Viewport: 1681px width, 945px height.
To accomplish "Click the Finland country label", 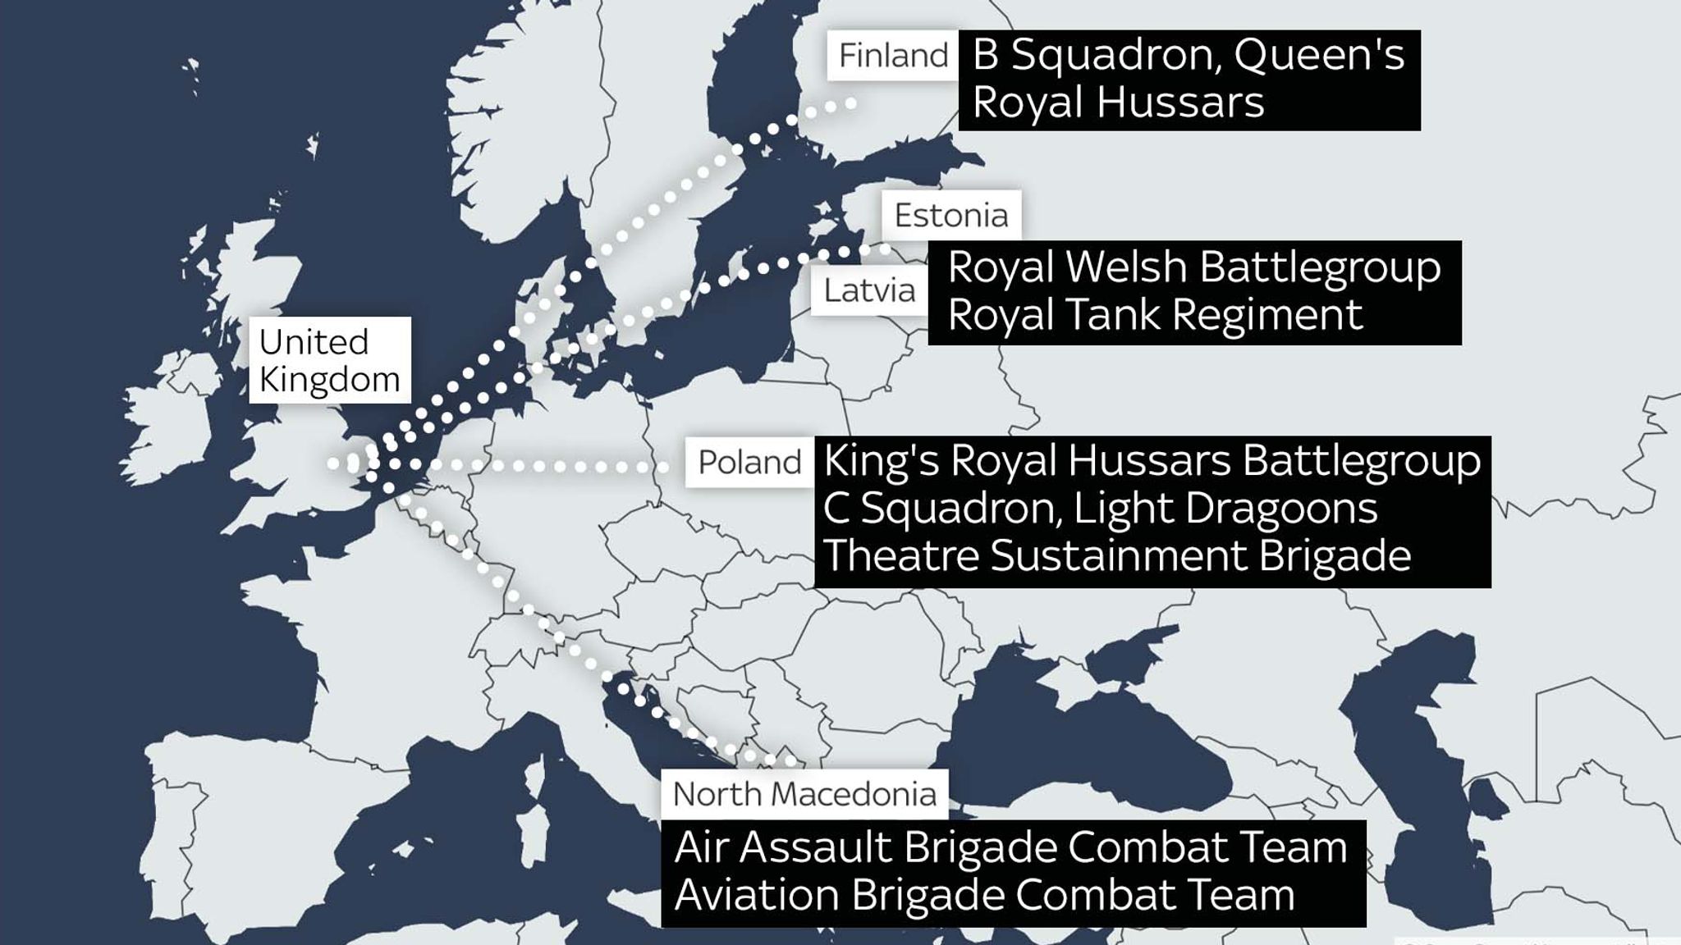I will [893, 56].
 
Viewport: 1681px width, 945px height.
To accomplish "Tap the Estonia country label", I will [951, 215].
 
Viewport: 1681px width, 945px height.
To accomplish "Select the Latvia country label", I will [869, 290].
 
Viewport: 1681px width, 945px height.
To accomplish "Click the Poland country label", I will [749, 463].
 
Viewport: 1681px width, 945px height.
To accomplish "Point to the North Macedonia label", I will [804, 794].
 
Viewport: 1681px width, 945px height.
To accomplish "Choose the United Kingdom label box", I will [330, 360].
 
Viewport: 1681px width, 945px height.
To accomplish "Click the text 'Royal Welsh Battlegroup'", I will [1194, 267].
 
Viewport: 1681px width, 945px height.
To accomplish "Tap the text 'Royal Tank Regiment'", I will [1155, 315].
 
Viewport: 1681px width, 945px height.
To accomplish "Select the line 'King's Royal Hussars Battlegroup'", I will [1152, 460].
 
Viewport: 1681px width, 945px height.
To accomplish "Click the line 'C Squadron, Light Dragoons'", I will [1100, 508].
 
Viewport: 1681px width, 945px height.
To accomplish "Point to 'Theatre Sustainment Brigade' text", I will [1117, 555].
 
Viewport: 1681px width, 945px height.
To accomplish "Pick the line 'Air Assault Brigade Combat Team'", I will [1010, 847].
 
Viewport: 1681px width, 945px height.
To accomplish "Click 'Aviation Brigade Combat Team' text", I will [984, 895].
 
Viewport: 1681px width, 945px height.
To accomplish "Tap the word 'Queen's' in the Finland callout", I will [1319, 56].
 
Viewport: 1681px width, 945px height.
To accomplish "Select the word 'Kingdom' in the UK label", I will [330, 380].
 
